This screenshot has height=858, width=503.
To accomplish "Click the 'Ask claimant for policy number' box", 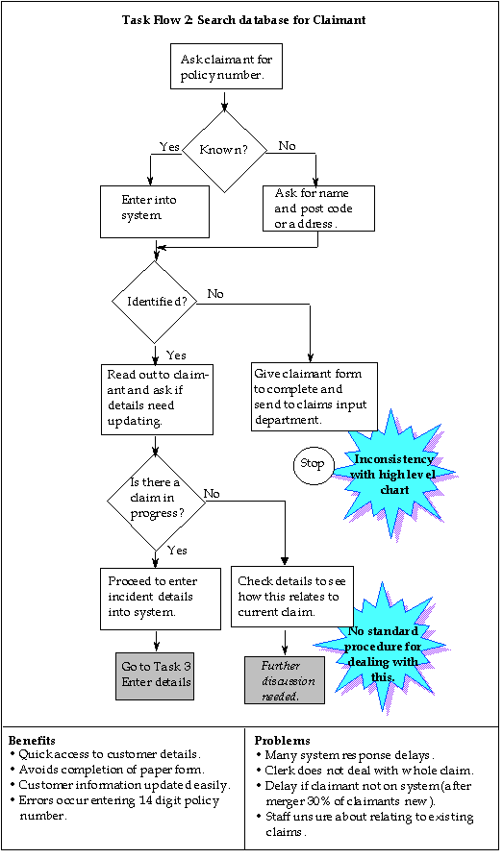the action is point(226,66).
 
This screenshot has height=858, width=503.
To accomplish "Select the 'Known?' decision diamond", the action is point(225,151).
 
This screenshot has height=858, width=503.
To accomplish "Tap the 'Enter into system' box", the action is point(155,211).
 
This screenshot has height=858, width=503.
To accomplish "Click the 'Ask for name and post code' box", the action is point(319,208).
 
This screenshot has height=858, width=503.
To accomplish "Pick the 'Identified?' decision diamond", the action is point(155,302).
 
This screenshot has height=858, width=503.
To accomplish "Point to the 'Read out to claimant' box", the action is point(157,400).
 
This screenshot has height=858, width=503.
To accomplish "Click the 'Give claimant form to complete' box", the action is point(314,396).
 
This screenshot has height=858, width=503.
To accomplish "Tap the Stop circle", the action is point(313,465).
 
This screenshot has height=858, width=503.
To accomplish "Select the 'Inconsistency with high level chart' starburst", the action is point(394,475).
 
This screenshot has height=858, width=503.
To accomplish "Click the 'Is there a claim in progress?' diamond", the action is point(156,501).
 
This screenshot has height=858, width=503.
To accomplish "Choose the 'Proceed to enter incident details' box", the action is point(161,599).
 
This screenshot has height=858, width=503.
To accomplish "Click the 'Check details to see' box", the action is point(292,597).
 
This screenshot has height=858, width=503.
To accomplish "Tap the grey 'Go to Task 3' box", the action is point(155,675).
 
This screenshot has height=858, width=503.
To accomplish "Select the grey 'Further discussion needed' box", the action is point(285,680).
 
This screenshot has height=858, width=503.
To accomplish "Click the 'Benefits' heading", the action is point(32,741).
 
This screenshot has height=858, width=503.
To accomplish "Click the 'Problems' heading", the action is point(282,741).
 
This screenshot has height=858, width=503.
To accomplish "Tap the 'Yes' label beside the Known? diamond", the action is point(169,147).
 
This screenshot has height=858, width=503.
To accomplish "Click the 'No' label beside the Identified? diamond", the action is point(215,294).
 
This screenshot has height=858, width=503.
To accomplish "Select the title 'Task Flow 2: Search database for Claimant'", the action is point(244,20).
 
